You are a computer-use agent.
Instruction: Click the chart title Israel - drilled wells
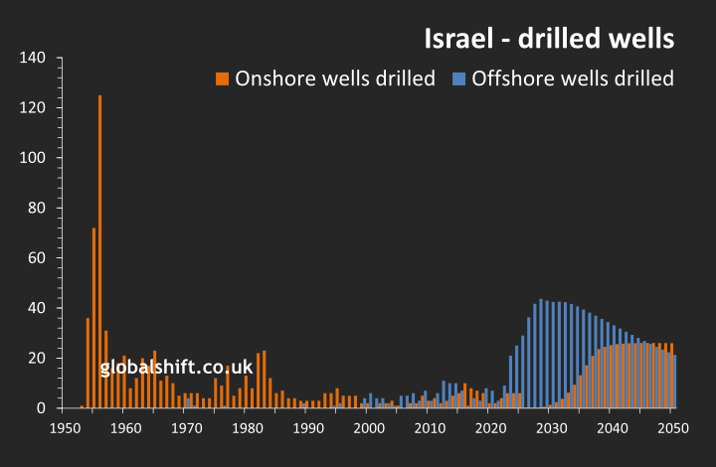coord(549,40)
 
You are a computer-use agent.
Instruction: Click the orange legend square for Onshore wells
coord(223,78)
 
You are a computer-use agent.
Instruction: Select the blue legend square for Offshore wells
coord(459,78)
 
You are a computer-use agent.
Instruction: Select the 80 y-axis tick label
coord(37,208)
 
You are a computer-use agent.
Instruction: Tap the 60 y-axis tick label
coord(37,258)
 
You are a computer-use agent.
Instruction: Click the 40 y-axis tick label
coord(37,308)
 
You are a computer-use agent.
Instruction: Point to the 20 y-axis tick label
coord(37,359)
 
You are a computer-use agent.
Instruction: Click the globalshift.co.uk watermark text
coord(176,368)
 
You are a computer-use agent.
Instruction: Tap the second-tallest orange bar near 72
coord(93,318)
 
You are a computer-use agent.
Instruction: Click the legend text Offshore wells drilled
coord(573,78)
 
